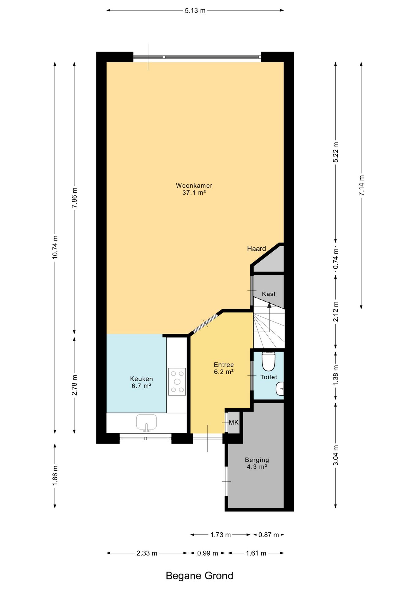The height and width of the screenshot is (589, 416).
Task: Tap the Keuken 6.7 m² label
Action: point(142,382)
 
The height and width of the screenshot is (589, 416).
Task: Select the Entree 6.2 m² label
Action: point(224,368)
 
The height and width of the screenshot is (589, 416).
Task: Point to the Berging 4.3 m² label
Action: point(257,463)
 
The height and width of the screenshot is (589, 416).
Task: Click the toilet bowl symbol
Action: point(269,361)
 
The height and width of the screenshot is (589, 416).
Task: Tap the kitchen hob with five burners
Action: point(177,382)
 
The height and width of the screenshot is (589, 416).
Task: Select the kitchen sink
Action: point(146,422)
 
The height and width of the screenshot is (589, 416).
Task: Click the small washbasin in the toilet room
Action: point(280,389)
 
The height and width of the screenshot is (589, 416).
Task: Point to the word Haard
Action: point(256,248)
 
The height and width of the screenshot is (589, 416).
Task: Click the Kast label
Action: point(269,294)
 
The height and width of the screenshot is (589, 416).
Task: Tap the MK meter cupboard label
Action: point(234,422)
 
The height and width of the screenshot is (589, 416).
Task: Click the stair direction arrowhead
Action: point(269,305)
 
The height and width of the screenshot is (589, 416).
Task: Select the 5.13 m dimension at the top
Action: point(195,10)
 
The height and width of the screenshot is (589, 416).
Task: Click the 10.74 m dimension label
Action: point(55,247)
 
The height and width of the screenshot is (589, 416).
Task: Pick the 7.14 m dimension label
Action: point(361,185)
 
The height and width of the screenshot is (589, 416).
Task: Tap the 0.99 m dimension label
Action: point(208,553)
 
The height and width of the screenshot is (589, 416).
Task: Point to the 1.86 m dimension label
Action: point(55,475)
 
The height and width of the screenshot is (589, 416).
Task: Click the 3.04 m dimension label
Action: point(336,455)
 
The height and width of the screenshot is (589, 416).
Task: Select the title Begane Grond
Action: point(199,576)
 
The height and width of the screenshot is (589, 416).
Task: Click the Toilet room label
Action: point(269,377)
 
